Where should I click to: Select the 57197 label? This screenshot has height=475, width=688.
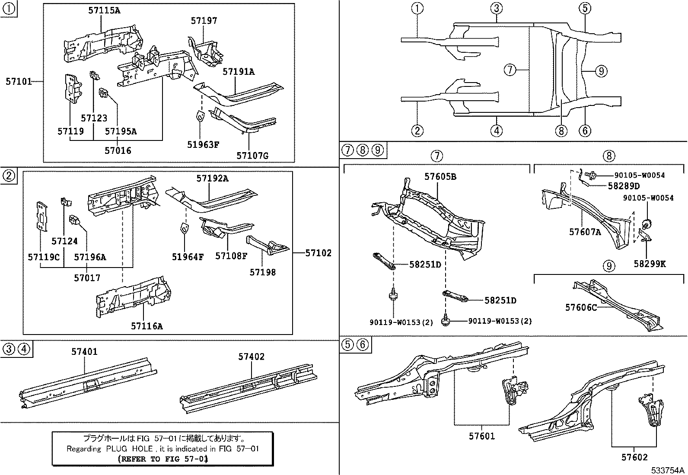(x=204, y=20)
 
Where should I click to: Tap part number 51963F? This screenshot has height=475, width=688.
(x=203, y=144)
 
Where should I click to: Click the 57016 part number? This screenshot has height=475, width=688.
(x=118, y=150)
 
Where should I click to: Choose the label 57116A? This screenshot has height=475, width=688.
(x=147, y=326)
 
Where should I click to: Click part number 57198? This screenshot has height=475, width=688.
(x=262, y=272)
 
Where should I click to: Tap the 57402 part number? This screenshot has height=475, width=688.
(x=251, y=357)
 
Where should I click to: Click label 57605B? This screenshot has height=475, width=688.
(x=440, y=176)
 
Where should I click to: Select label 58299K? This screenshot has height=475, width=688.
(x=650, y=264)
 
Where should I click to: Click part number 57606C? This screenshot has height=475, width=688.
(x=581, y=307)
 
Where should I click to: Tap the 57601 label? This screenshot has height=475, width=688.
(x=481, y=436)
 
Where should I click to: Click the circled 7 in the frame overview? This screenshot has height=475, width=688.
(x=510, y=70)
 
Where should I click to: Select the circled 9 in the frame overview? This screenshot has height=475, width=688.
(x=601, y=70)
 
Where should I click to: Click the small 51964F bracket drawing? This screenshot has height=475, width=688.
(x=184, y=228)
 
